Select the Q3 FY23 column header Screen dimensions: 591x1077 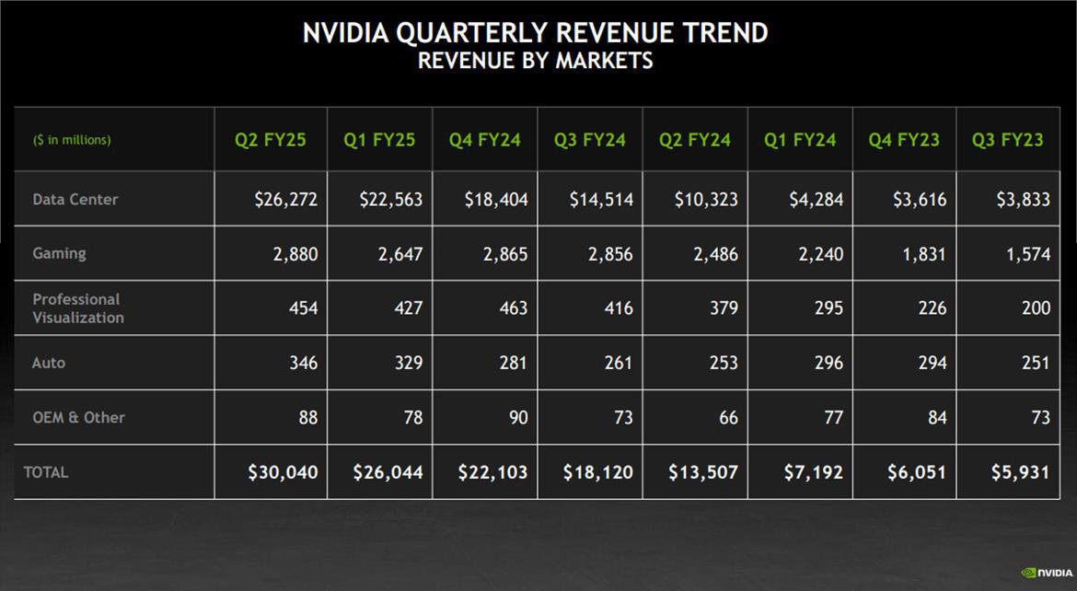[1008, 140]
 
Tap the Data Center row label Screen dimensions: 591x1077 [75, 199]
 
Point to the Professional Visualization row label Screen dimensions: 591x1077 [77, 308]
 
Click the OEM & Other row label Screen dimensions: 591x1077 [78, 417]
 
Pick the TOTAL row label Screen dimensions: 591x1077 [46, 472]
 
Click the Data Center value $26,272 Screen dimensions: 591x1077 [286, 200]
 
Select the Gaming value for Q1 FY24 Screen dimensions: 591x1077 [816, 254]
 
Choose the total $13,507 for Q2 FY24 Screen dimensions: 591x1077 [703, 472]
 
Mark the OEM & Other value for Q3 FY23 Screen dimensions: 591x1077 [1040, 417]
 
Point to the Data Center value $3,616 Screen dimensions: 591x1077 [919, 200]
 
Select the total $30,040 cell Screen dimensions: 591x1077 [284, 472]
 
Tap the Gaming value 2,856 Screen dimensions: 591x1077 [610, 254]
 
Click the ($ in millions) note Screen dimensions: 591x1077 [72, 140]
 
